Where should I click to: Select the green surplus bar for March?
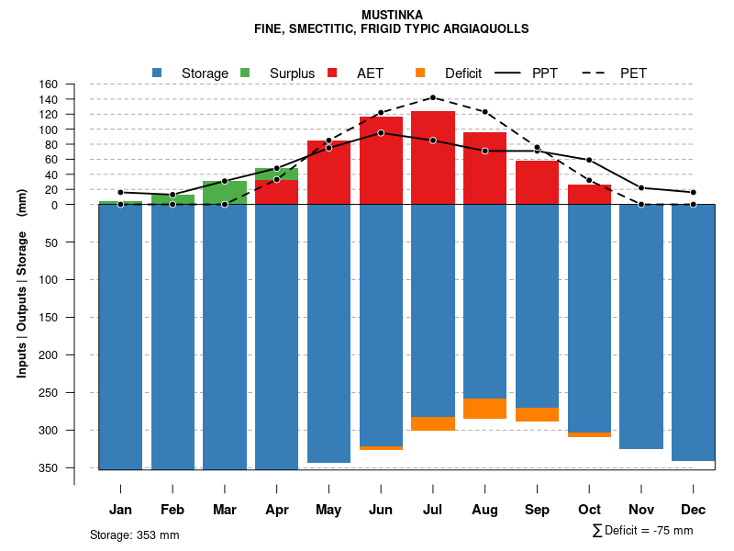pos(225,193)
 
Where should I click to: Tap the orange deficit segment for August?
pos(485,409)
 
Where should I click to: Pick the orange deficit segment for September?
pos(538,414)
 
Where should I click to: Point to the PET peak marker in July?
pos(433,97)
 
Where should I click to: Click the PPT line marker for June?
pos(381,133)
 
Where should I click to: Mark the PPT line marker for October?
pos(589,161)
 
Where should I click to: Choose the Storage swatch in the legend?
pos(158,73)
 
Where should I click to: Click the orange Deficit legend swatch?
pos(420,73)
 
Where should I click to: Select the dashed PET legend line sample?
pos(594,73)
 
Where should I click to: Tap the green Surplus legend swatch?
pos(245,73)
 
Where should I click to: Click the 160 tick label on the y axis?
pos(49,84)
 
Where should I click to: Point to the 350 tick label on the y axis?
pos(49,468)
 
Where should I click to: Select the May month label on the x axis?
pos(328,510)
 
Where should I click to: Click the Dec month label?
pos(694,510)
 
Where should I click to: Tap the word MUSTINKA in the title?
pos(392,15)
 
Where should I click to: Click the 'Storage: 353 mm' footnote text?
pos(134,534)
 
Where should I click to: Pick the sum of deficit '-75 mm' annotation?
pos(643,531)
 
